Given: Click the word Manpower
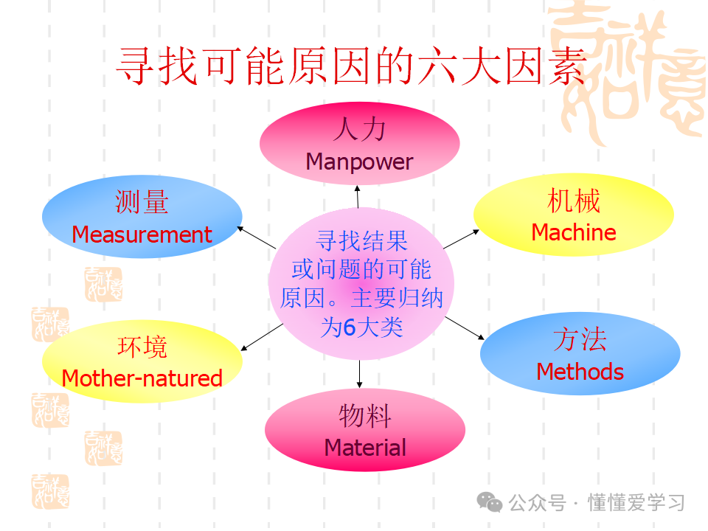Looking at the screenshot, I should (359, 162).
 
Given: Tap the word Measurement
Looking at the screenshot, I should (142, 235).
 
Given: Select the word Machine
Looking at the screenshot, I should (574, 232).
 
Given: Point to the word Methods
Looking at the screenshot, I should (580, 372).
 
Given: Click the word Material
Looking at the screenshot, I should (365, 447).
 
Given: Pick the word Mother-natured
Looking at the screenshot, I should (142, 378).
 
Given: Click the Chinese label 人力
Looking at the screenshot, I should (359, 130).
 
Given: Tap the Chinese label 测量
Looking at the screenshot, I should (142, 202).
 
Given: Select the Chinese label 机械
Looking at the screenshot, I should (574, 201).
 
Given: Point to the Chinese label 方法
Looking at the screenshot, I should (580, 340).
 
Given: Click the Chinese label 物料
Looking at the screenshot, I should (365, 416).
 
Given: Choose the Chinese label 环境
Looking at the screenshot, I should (142, 347).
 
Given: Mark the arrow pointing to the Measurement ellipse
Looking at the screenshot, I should (256, 237).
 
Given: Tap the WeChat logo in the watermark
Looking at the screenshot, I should (489, 502).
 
